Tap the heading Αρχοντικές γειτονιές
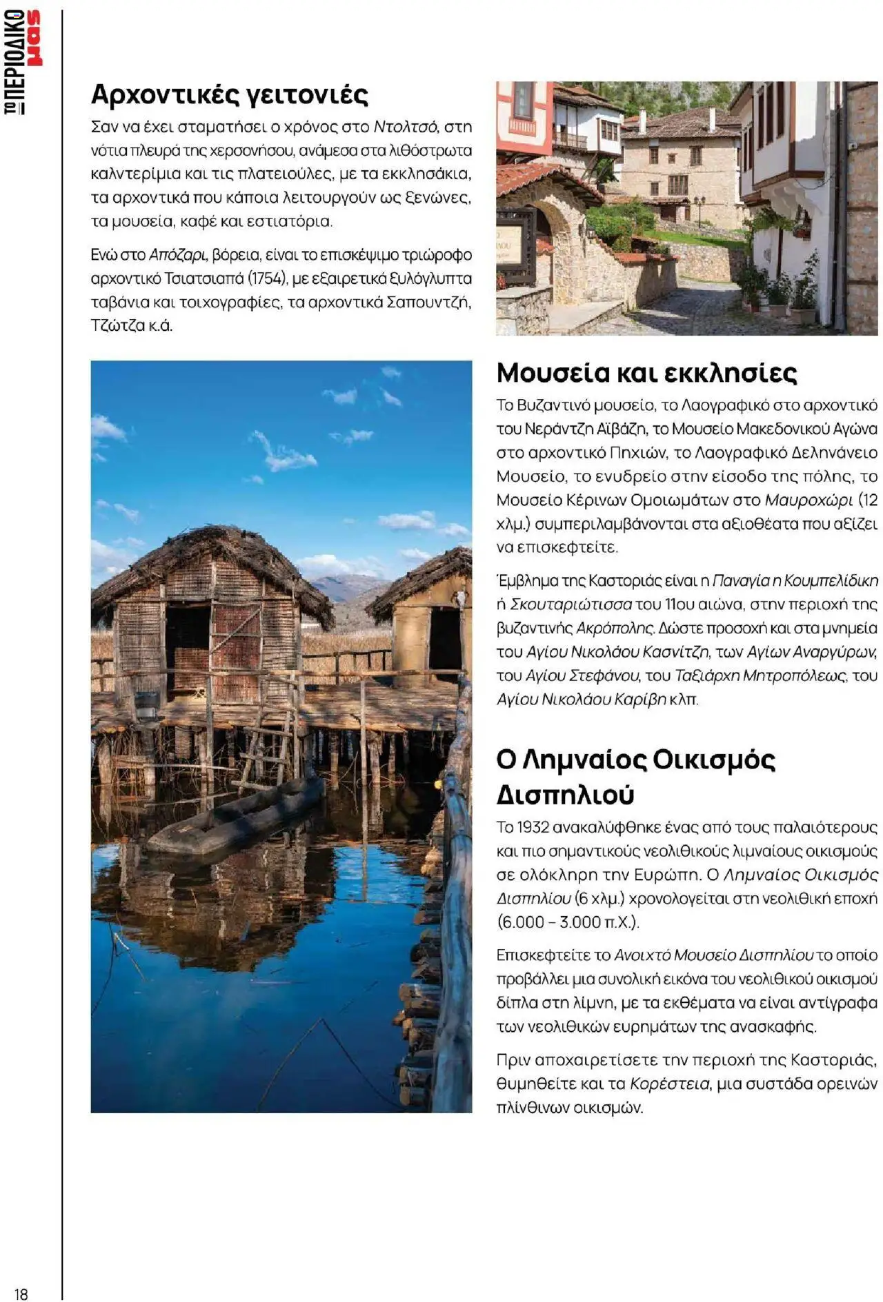tap(230, 94)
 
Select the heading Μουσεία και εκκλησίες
tap(646, 373)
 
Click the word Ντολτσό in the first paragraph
tap(405, 127)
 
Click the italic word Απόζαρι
tap(177, 255)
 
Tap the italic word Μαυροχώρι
tap(808, 500)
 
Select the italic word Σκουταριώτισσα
tap(571, 604)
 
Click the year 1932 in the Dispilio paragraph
tap(533, 827)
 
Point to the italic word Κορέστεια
tap(669, 1084)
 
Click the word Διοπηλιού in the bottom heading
tap(565, 795)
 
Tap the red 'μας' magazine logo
tap(32, 39)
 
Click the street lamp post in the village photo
tap(700, 210)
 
